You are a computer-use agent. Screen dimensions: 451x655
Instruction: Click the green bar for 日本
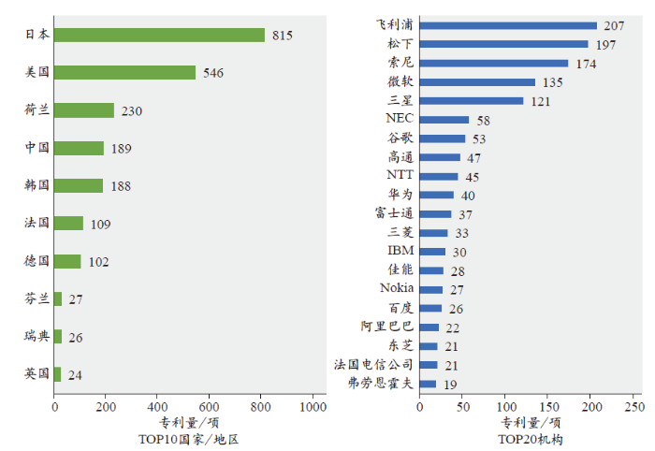click(159, 35)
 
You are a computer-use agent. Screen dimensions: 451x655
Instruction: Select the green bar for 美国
click(124, 72)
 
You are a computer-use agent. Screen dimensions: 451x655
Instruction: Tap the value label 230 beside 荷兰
click(132, 110)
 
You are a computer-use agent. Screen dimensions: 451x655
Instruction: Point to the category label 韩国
click(36, 185)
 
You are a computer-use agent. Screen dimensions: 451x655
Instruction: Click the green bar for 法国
click(68, 224)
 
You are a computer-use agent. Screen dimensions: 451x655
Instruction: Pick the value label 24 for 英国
click(75, 375)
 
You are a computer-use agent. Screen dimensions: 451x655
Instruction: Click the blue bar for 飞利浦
click(508, 25)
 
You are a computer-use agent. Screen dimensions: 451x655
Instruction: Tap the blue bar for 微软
click(477, 82)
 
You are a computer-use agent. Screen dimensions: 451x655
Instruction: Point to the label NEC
click(399, 119)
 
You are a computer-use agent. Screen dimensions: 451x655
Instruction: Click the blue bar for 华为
click(436, 195)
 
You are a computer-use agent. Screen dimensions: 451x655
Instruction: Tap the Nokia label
click(397, 288)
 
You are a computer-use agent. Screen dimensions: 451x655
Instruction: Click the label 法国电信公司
click(373, 364)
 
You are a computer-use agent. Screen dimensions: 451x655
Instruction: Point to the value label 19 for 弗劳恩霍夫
click(451, 384)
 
